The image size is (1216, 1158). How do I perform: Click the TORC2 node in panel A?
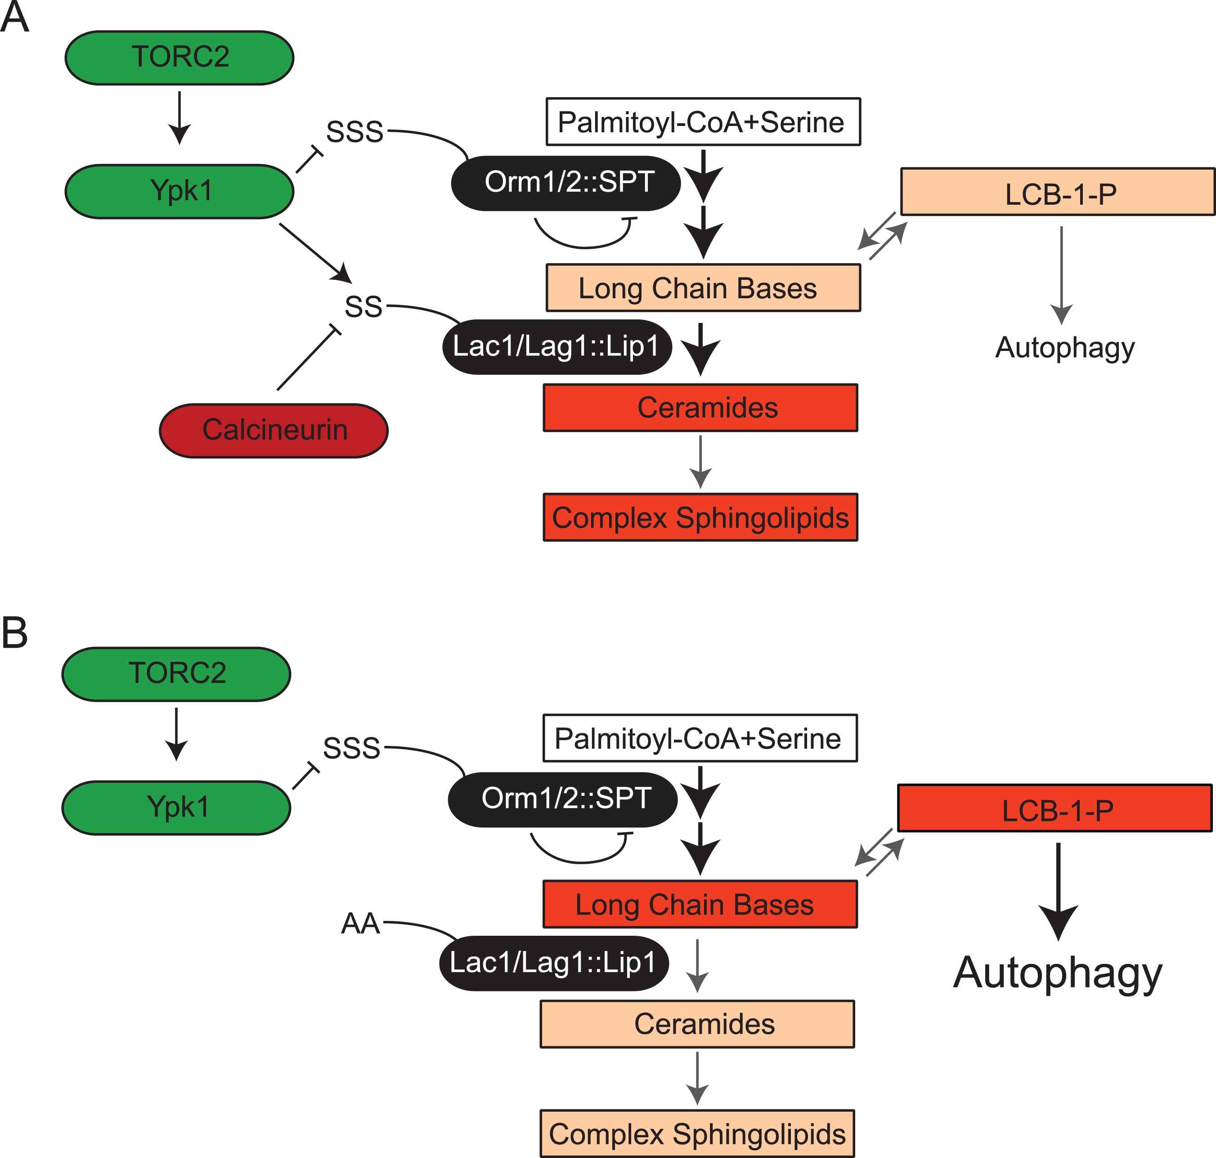(x=179, y=58)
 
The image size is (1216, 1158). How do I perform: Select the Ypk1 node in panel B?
(x=176, y=808)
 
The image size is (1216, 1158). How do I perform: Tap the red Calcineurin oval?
(x=274, y=430)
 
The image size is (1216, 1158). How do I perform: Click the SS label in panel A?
(x=363, y=307)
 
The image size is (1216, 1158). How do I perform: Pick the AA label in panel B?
(x=360, y=924)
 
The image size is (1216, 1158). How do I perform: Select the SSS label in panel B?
(x=352, y=748)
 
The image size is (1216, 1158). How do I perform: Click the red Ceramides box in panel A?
(x=700, y=408)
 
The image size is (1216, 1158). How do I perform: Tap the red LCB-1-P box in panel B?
(x=1054, y=808)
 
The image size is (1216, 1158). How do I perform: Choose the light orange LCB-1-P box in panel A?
(x=1057, y=192)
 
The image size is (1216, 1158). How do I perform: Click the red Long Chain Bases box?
(x=700, y=904)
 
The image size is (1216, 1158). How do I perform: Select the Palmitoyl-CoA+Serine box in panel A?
(x=703, y=121)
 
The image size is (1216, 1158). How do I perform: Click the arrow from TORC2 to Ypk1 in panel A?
(x=179, y=117)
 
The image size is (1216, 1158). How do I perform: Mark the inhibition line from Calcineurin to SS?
(x=307, y=359)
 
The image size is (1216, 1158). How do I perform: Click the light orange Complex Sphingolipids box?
(x=697, y=1133)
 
